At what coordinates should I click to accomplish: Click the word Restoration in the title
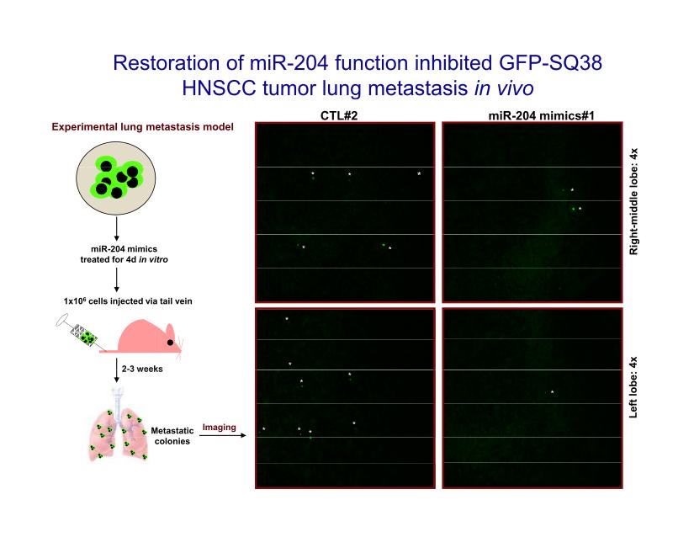(x=167, y=63)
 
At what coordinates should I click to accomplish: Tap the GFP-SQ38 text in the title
(x=550, y=63)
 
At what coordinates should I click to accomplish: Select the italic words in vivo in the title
(x=504, y=88)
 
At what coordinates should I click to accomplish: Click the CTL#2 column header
(x=339, y=115)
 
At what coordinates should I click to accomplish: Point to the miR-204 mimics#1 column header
(x=541, y=115)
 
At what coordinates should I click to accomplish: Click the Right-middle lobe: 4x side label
(x=633, y=201)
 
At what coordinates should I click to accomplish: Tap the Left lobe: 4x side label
(x=633, y=387)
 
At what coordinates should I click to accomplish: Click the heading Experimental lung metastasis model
(x=142, y=127)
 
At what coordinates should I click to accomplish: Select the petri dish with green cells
(x=116, y=178)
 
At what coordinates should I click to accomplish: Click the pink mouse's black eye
(x=170, y=343)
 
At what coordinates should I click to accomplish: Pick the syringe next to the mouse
(x=81, y=332)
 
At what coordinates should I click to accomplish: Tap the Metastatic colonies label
(x=172, y=436)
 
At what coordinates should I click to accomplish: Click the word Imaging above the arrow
(x=219, y=428)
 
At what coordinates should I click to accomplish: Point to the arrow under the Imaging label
(x=223, y=436)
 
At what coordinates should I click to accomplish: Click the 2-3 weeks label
(x=142, y=369)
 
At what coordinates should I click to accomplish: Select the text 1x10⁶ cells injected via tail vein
(x=128, y=301)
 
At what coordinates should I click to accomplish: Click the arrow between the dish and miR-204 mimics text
(x=116, y=229)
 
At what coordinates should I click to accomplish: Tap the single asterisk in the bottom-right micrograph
(x=553, y=391)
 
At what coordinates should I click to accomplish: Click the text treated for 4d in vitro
(x=124, y=260)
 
